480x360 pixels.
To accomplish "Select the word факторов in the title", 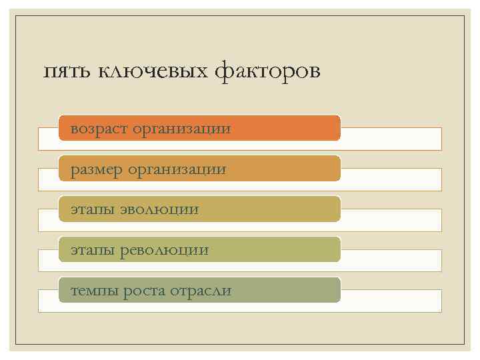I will pos(267,71).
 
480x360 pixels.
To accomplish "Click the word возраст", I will pos(99,128).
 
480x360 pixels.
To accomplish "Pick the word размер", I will pos(97,169).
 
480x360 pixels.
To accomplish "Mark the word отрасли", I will pos(201,291).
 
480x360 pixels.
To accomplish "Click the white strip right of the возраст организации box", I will pos(391,139).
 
